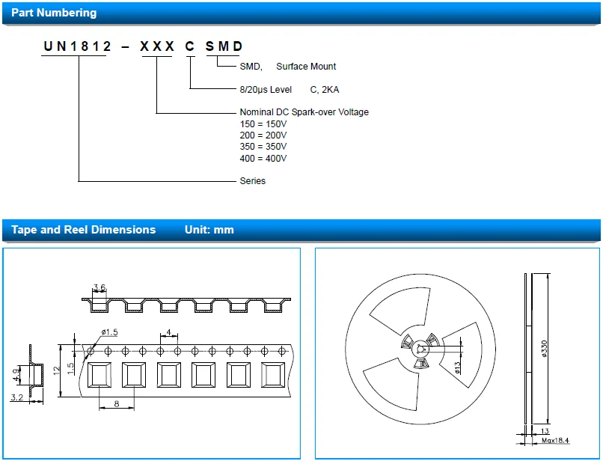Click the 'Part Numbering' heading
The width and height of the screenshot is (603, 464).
click(x=54, y=13)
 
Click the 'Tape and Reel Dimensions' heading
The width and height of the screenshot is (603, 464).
click(x=83, y=230)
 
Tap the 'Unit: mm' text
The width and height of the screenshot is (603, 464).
click(x=209, y=230)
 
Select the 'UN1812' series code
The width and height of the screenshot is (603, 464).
click(x=78, y=46)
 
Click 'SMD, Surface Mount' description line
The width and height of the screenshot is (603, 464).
click(x=288, y=67)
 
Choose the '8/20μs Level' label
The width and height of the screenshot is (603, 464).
click(x=266, y=90)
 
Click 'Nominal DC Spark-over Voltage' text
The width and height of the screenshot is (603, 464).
click(x=304, y=112)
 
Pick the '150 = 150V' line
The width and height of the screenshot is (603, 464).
click(x=263, y=123)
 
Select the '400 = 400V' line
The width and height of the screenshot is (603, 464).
click(x=263, y=158)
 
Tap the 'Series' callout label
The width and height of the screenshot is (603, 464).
click(x=252, y=181)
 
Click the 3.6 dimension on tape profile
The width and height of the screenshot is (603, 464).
click(x=99, y=287)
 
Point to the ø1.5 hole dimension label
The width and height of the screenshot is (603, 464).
click(x=110, y=332)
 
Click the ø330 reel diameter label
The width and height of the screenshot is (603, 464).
click(x=544, y=348)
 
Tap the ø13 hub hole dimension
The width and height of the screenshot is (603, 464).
click(x=457, y=366)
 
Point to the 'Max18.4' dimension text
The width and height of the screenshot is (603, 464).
click(x=554, y=441)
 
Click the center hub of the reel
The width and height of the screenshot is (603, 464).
click(x=421, y=349)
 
